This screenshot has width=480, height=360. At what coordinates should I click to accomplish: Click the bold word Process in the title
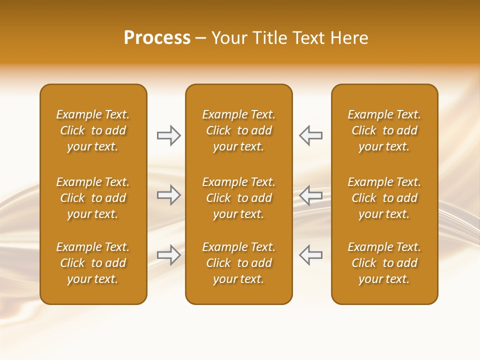tap(157, 38)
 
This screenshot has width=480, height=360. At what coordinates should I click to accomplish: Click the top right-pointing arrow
tap(169, 135)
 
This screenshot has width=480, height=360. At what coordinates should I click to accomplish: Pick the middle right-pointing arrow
tap(169, 195)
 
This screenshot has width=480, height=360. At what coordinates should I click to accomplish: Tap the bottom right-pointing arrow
tap(169, 255)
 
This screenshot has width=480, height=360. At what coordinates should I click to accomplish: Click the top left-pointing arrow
tap(310, 135)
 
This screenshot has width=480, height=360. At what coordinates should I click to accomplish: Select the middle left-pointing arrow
tap(310, 195)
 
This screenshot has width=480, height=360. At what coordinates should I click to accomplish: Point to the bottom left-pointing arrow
tap(310, 255)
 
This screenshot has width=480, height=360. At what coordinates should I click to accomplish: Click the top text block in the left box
tap(93, 130)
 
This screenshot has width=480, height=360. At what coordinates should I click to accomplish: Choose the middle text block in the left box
tap(93, 198)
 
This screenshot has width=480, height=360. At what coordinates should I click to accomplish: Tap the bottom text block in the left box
tap(93, 263)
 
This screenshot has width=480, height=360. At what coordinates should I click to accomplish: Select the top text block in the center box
tap(238, 130)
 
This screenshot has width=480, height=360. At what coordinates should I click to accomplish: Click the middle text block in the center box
tap(238, 198)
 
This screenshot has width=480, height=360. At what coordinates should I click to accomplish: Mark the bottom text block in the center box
tap(238, 263)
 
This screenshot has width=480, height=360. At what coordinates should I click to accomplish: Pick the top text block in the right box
tap(384, 130)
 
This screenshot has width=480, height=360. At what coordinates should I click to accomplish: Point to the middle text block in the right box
tap(384, 198)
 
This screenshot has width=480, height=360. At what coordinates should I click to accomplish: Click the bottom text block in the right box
tap(384, 263)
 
